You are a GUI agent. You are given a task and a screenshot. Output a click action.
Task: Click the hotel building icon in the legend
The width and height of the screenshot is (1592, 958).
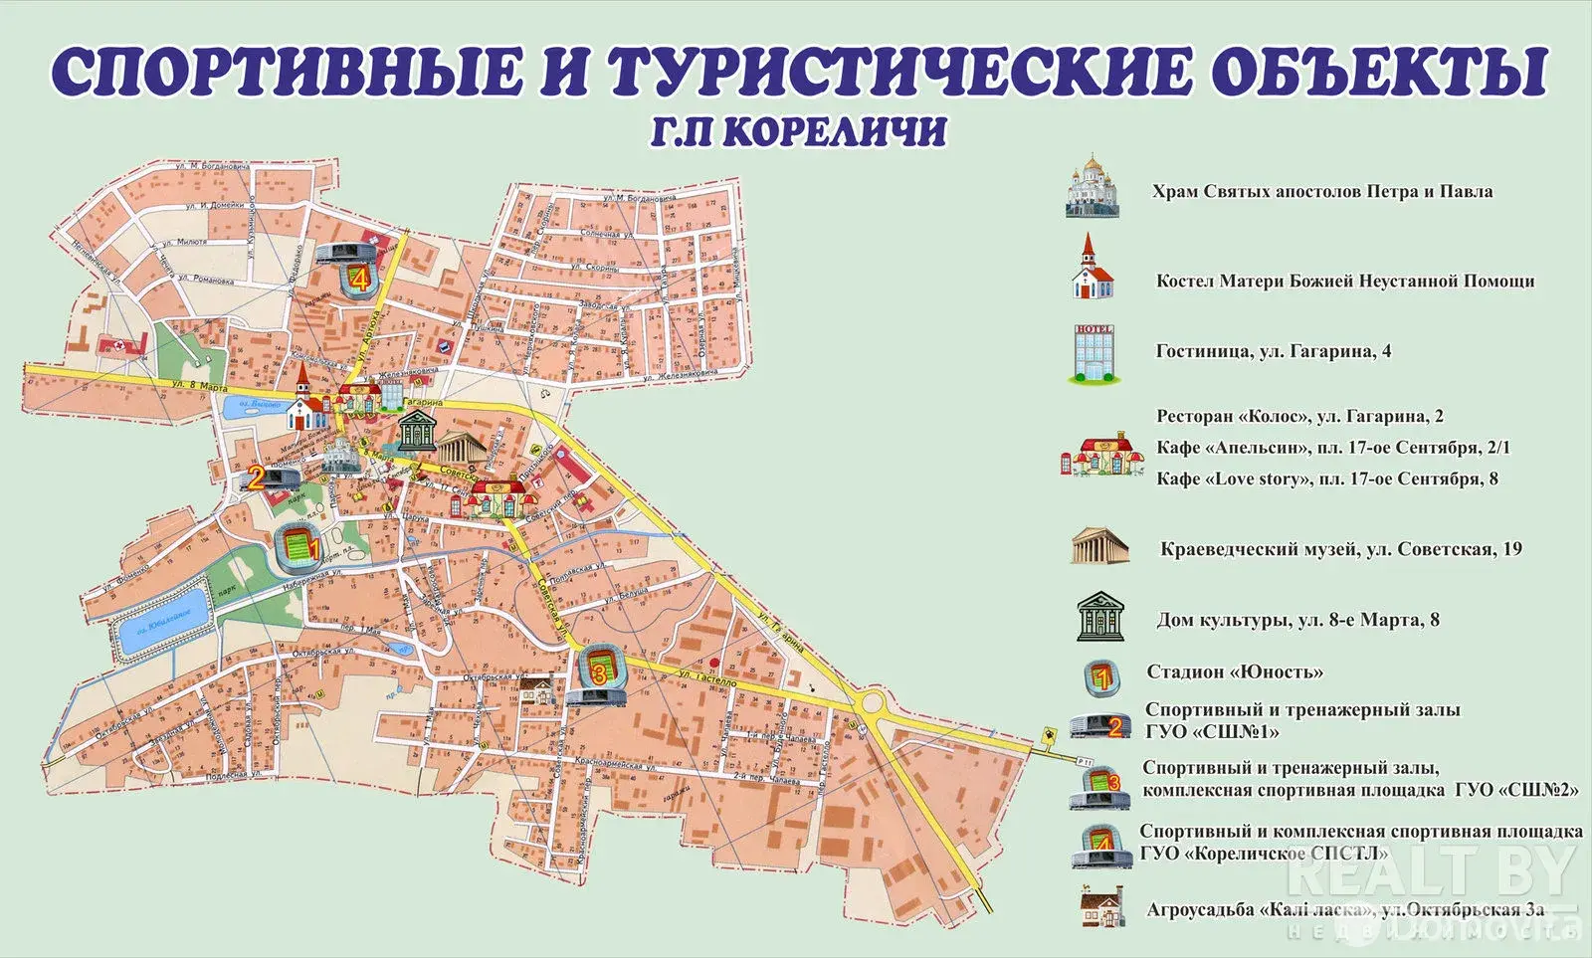(1094, 353)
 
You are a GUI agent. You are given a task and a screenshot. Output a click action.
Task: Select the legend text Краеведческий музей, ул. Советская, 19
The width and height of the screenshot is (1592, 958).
(1340, 549)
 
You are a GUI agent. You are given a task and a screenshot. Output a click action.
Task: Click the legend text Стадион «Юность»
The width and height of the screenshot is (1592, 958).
(1235, 671)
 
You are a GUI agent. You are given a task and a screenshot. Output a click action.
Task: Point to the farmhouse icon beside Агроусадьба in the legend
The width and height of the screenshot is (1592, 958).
(1100, 908)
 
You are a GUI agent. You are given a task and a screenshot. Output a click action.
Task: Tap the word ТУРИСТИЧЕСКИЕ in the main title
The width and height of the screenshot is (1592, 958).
(896, 72)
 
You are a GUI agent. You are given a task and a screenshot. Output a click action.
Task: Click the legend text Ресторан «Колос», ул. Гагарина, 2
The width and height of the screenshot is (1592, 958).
(1299, 416)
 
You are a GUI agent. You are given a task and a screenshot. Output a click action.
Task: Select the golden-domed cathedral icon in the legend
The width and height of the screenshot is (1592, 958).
(1094, 187)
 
